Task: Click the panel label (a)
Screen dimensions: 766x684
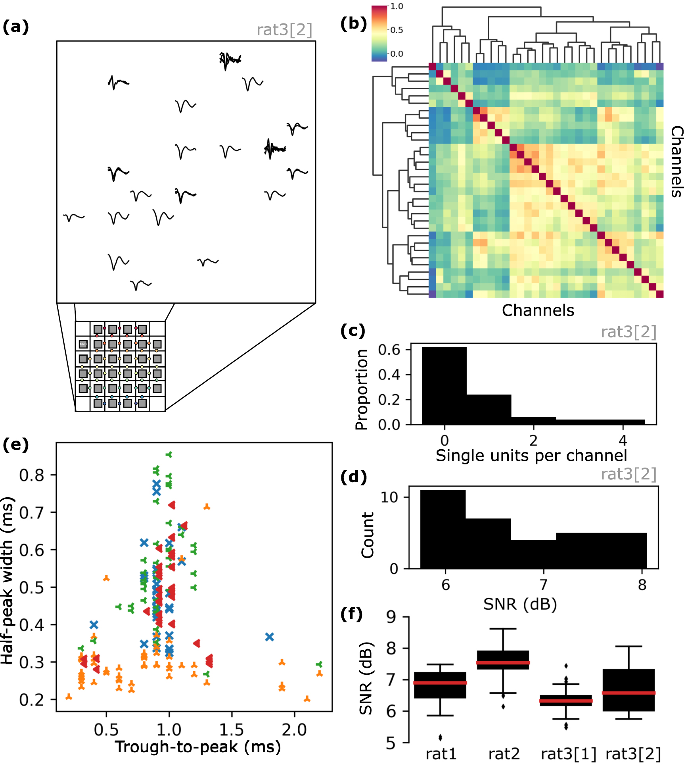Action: tap(16, 27)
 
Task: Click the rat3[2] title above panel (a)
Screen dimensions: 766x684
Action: tap(284, 30)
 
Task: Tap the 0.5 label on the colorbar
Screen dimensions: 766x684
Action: tap(397, 30)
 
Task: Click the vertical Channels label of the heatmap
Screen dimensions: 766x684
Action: tap(676, 162)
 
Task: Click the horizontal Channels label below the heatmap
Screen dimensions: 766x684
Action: tap(538, 310)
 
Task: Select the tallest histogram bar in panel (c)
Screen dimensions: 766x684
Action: tap(444, 385)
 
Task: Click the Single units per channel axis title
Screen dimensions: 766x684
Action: tap(531, 456)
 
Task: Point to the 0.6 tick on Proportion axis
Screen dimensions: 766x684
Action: tap(389, 350)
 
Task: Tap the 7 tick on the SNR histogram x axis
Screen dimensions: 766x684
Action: tap(544, 585)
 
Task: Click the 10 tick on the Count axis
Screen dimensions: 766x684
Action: tap(389, 497)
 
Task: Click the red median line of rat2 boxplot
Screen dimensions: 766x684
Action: tap(503, 662)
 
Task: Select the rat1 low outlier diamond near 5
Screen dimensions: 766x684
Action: tap(441, 737)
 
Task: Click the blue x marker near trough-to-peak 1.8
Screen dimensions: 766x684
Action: tap(270, 637)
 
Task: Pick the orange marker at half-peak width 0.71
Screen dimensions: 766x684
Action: tap(207, 507)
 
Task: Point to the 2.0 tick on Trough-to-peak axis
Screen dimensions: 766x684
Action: tap(294, 730)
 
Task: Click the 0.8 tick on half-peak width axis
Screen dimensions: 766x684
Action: tap(32, 475)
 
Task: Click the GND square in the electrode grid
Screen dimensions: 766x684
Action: tap(83, 344)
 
